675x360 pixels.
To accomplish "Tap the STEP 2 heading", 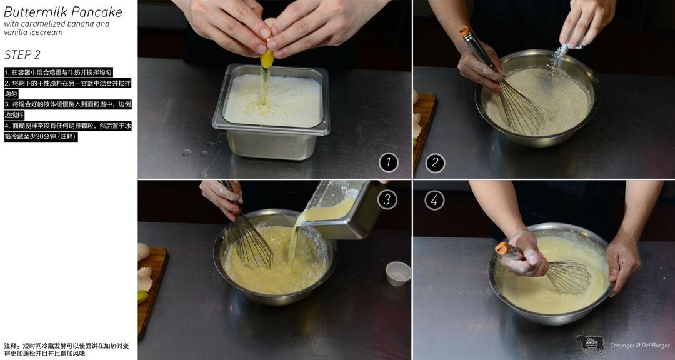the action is (22, 55).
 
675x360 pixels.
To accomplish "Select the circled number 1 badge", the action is (389, 162).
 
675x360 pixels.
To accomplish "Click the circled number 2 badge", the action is (435, 162).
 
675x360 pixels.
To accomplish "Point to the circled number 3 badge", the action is (387, 199).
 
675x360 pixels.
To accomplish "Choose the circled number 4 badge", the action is (434, 200).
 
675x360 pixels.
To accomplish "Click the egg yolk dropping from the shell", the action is (267, 59).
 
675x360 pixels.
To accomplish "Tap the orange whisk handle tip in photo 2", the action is (464, 31).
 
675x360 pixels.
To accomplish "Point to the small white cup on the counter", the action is (397, 274).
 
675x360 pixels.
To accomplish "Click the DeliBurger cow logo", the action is (589, 343).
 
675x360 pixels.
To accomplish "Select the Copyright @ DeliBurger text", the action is (640, 346).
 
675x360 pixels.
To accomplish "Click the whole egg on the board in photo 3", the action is (143, 252).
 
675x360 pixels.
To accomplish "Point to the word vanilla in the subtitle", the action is (14, 32).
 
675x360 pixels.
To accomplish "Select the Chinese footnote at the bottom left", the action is (66, 349).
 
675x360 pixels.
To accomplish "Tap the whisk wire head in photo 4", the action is (568, 276).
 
